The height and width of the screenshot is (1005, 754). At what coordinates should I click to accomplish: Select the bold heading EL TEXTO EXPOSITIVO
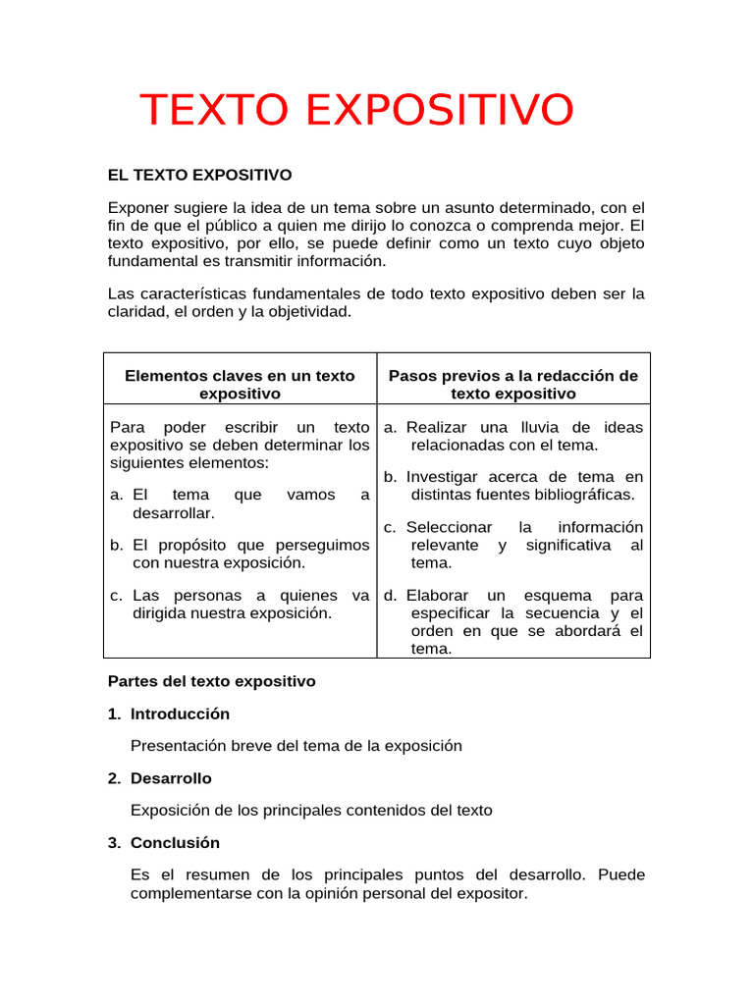pos(199,175)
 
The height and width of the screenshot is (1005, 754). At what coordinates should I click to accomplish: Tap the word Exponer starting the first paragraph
pos(137,208)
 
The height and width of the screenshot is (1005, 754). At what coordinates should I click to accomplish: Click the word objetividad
pos(302,312)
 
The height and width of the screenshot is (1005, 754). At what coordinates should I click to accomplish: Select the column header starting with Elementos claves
pos(240,385)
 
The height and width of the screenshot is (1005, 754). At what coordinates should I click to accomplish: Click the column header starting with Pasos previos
pos(513,385)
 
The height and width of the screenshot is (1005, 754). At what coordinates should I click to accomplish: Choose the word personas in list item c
pos(208,596)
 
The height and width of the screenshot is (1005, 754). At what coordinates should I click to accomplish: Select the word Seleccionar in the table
pos(449,527)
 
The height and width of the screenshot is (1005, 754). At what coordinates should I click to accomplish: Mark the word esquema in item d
pos(558,596)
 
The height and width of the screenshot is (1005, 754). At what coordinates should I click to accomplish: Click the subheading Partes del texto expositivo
pos(211,681)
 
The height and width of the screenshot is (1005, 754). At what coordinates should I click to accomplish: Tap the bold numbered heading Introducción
pos(180,714)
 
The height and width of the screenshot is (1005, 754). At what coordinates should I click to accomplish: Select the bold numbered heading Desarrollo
pos(171,778)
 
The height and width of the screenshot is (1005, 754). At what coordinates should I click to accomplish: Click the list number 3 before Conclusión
pos(114,843)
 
